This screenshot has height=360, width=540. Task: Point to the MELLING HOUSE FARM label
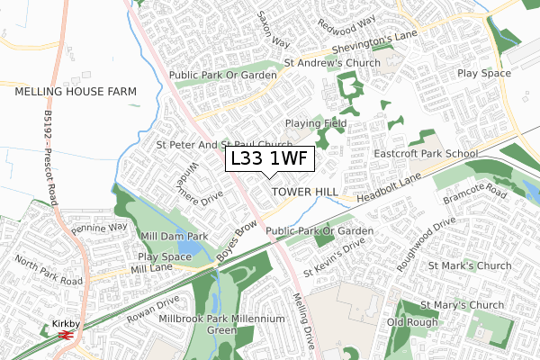pos(75,92)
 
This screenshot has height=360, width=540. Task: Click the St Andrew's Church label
pos(332,63)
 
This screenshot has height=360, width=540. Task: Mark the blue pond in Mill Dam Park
pos(190,247)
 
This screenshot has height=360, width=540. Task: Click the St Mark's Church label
pos(470,265)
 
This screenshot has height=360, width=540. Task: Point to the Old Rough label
pos(411,322)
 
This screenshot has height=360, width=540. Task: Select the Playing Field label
pos(315,122)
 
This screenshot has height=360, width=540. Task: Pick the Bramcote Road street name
pos(482,194)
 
